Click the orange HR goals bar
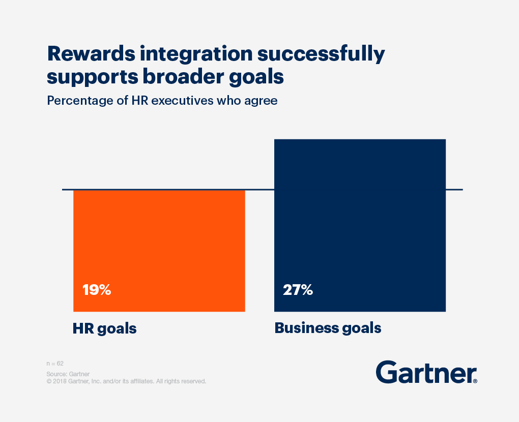159,250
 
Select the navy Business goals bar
360,225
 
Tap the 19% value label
97,290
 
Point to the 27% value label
298,290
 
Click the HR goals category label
104,328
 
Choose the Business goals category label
328,328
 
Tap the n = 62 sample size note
55,364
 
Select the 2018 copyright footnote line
126,381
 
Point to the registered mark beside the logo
475,381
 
